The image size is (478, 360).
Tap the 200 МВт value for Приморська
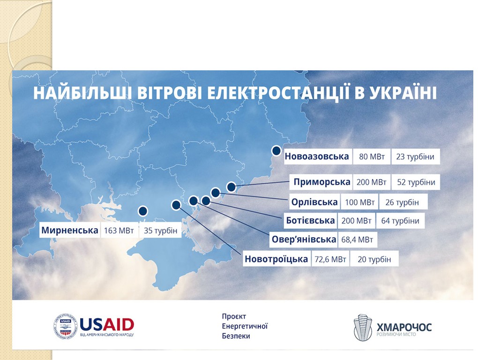[x=371, y=182]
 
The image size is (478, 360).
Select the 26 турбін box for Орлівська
[x=403, y=202]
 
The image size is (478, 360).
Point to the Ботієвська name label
[x=310, y=220]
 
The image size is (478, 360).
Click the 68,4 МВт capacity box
[x=357, y=240]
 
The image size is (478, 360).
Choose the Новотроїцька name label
[x=276, y=259]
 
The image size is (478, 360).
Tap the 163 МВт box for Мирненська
[x=119, y=230]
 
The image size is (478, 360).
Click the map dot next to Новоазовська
[x=276, y=150]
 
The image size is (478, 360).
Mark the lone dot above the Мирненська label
[x=142, y=210]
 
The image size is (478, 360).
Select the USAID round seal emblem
[x=66, y=326]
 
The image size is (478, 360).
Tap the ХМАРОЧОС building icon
[x=363, y=327]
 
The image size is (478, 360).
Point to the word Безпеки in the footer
[x=236, y=336]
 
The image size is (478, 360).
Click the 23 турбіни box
[x=415, y=157]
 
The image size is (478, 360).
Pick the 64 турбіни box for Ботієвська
[x=400, y=220]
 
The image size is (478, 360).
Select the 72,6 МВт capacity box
[x=330, y=259]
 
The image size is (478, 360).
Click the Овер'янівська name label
[x=304, y=240]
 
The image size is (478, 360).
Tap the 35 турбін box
[x=160, y=230]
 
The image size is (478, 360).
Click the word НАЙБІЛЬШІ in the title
[x=82, y=93]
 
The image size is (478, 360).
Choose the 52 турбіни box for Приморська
[x=416, y=182]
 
